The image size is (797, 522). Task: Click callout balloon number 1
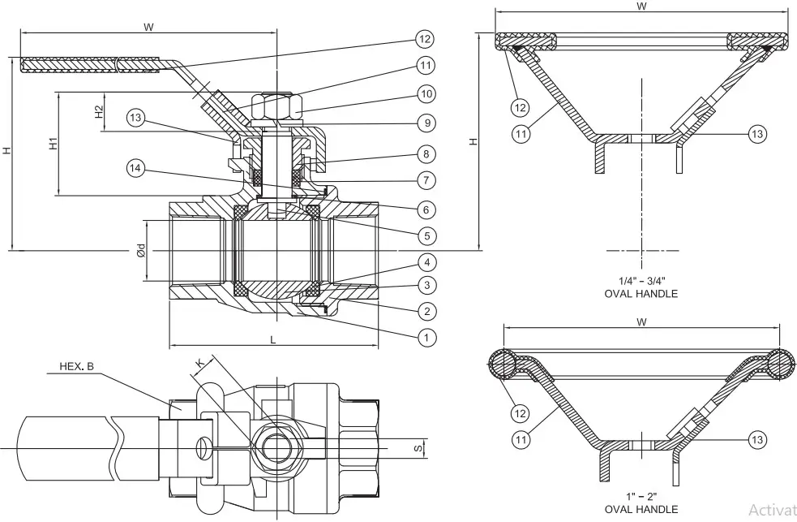(x=426, y=335)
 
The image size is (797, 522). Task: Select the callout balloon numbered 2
(x=426, y=310)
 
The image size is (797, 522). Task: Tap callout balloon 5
(x=426, y=235)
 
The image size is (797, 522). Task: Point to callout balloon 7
(x=426, y=179)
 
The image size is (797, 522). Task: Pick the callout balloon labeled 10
(x=426, y=93)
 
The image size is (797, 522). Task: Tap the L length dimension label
(x=272, y=340)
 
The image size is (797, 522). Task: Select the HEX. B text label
(x=77, y=366)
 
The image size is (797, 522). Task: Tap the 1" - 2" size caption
(x=641, y=496)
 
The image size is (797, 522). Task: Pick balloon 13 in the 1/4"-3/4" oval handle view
(x=756, y=134)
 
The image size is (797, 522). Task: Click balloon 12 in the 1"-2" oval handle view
(x=520, y=413)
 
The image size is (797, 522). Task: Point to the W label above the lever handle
(x=148, y=27)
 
